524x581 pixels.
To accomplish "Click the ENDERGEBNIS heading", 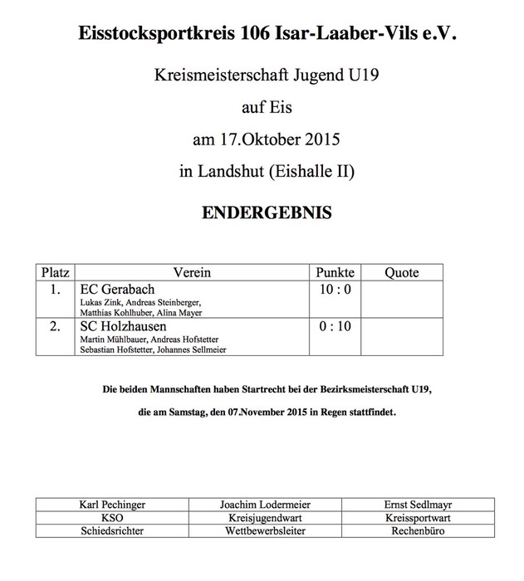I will click(x=267, y=213).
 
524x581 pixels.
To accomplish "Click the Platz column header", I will click(x=54, y=272).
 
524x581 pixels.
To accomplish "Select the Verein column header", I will click(x=192, y=272).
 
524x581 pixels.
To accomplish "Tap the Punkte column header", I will click(x=335, y=272).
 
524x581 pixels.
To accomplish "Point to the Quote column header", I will click(x=402, y=272).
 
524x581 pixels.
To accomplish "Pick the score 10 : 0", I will click(x=335, y=290).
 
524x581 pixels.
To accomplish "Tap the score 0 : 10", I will click(x=335, y=327).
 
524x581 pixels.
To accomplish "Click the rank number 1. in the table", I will click(x=55, y=290).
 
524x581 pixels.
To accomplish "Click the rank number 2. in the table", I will click(x=55, y=327).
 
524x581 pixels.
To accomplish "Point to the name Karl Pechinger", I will click(x=112, y=504).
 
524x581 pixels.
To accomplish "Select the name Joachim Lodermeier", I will click(x=266, y=504).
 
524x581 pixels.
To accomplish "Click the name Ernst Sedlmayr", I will click(x=418, y=504).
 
